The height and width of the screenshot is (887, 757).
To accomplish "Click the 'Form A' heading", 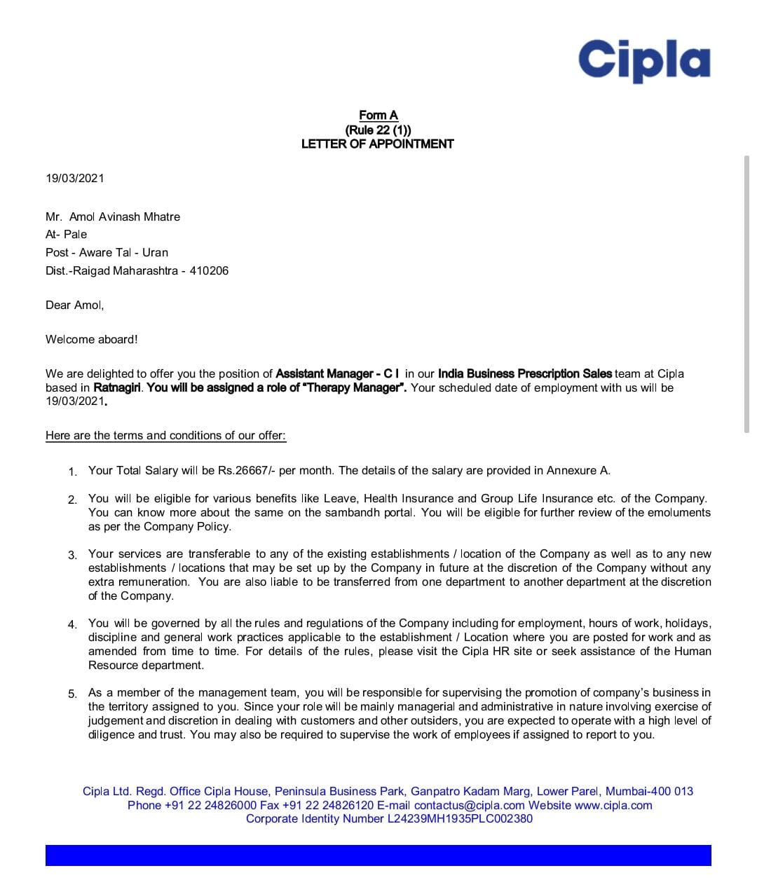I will tap(378, 115).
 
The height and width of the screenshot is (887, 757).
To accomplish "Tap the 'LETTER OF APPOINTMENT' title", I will tap(377, 144).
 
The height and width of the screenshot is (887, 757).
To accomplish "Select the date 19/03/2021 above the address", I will tap(75, 178).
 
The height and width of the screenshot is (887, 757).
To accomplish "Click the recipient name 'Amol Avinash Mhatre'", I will tap(125, 216).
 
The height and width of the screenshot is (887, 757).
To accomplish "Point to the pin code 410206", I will tap(209, 270).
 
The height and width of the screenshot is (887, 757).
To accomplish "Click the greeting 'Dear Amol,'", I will tap(74, 305).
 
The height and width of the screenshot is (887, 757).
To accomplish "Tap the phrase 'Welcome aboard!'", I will tap(91, 339).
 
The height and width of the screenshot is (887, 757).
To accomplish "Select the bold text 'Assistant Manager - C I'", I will tap(337, 373).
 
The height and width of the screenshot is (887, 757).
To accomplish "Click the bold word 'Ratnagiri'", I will tap(117, 387).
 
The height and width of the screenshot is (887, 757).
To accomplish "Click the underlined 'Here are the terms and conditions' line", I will tap(165, 435).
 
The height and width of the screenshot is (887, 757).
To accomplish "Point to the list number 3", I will tap(72, 555).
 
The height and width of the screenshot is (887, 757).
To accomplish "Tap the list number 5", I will tap(72, 694).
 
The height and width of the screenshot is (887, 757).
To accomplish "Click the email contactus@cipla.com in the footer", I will tap(469, 805).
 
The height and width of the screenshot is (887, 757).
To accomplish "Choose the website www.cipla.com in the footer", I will tap(613, 805).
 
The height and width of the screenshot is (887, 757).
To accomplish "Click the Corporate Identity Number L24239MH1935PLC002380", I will tap(459, 818).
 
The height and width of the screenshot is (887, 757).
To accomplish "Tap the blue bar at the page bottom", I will tap(378, 855).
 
